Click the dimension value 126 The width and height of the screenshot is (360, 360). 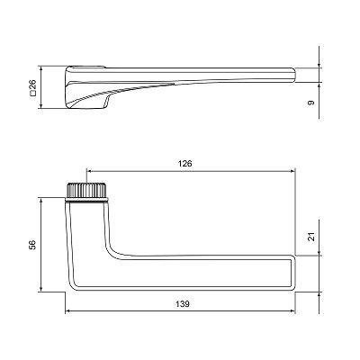[184, 164]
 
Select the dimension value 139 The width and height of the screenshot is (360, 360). [183, 304]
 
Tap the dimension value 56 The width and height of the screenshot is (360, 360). [32, 245]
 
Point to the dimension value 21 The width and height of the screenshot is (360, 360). [311, 237]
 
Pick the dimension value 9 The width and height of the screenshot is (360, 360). [311, 103]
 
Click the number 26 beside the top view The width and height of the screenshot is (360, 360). [32, 85]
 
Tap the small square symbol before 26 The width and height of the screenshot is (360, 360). [32, 94]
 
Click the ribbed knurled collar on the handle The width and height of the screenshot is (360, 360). [86, 190]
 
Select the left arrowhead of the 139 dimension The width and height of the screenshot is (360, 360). [68, 311]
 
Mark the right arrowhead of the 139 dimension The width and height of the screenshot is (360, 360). [292, 311]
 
